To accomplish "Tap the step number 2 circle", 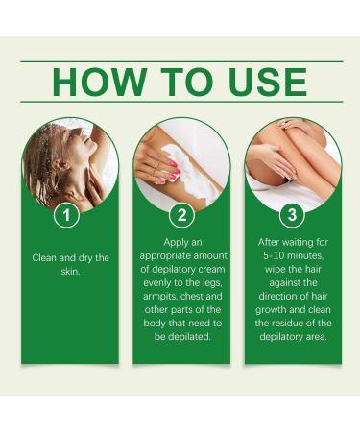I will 180,215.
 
